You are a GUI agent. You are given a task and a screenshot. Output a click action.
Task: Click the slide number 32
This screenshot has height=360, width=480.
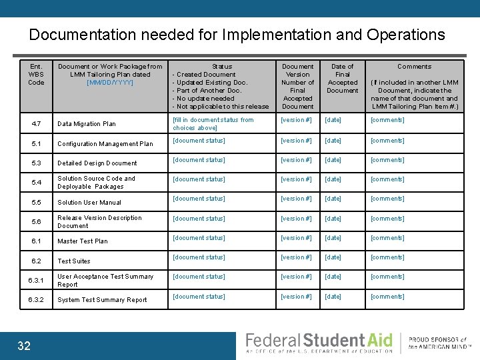24,345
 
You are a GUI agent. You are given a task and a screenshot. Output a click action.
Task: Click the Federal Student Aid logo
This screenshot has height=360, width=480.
319,343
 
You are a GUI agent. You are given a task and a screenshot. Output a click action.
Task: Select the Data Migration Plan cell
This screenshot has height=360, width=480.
87,124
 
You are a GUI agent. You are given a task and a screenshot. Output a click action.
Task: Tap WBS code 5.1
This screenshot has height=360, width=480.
36,143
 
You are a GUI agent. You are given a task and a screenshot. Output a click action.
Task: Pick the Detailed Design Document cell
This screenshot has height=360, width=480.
97,163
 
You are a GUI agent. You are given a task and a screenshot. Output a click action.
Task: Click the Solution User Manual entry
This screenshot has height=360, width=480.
89,203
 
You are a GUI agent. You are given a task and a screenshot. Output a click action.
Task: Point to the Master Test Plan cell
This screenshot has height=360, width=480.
83,241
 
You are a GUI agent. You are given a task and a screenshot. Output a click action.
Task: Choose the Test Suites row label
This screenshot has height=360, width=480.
74,261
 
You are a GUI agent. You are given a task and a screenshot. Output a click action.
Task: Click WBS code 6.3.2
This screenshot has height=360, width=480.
36,300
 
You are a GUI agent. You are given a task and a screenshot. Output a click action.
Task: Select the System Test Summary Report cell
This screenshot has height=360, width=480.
102,300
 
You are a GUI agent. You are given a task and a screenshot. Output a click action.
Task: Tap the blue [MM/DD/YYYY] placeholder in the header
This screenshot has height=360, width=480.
110,83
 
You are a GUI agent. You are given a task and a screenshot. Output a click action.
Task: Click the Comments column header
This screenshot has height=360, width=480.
414,67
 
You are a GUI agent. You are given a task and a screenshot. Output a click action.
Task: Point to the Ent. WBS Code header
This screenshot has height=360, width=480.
36,74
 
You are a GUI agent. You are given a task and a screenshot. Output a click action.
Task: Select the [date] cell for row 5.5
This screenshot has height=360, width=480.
333,199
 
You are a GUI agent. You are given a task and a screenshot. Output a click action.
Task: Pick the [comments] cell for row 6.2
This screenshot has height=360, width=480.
387,257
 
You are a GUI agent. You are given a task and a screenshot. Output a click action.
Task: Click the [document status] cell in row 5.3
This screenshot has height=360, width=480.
199,160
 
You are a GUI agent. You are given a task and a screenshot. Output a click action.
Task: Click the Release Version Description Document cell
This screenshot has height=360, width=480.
99,222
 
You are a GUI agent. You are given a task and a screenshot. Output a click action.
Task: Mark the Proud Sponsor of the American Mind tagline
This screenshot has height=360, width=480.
438,343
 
